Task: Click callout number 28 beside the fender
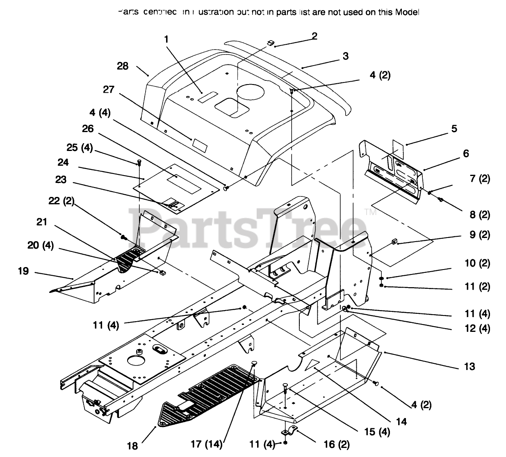[x=123, y=66]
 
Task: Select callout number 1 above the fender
[x=166, y=39]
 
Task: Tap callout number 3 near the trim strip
[x=346, y=56]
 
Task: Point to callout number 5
[x=454, y=128]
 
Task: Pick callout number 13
[x=469, y=366]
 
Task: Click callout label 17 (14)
[x=207, y=444]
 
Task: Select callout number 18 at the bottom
[x=132, y=446]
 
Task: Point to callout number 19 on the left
[x=23, y=271]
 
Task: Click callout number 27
[x=109, y=89]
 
